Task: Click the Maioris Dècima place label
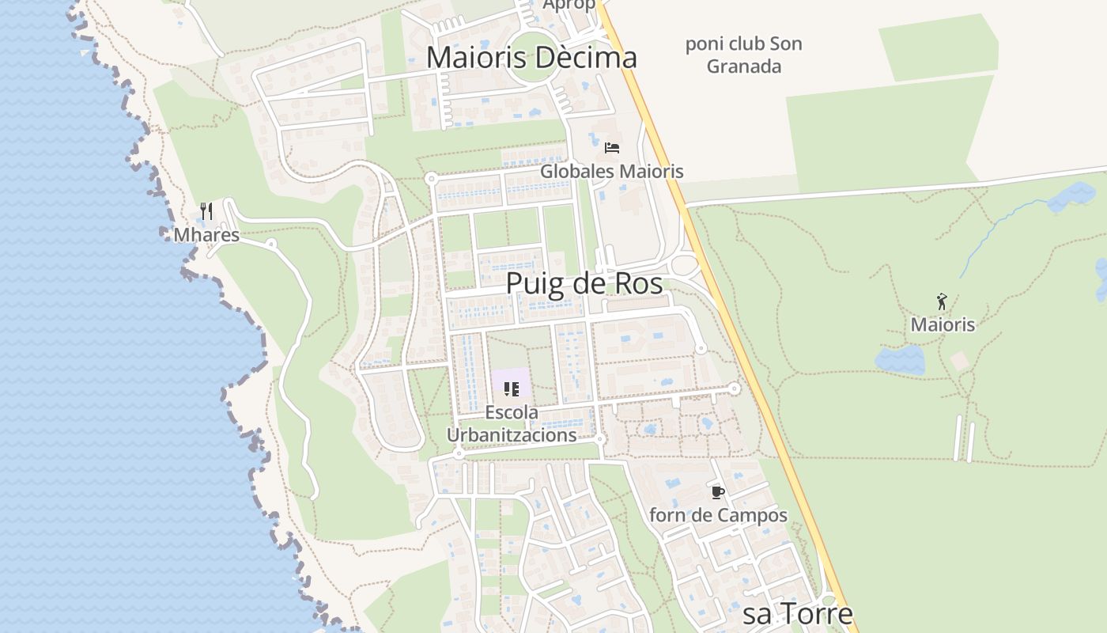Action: pyautogui.click(x=531, y=58)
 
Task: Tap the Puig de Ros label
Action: pyautogui.click(x=584, y=283)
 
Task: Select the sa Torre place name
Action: pyautogui.click(x=798, y=615)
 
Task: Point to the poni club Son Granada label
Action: pyautogui.click(x=743, y=55)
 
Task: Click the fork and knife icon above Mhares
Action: pyautogui.click(x=206, y=210)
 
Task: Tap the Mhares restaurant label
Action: pyautogui.click(x=206, y=235)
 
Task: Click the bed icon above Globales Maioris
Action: pyautogui.click(x=611, y=147)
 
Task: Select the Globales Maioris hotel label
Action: pyautogui.click(x=611, y=171)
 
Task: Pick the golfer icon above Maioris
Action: pyautogui.click(x=942, y=301)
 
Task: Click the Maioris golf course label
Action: pyautogui.click(x=943, y=324)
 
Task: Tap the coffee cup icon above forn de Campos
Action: pyautogui.click(x=717, y=492)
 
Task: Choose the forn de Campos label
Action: pyautogui.click(x=718, y=515)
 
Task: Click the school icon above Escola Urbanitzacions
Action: pyautogui.click(x=511, y=389)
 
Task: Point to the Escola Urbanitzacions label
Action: pyautogui.click(x=511, y=423)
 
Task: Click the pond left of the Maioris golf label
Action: pyautogui.click(x=900, y=360)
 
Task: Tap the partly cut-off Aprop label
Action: pyautogui.click(x=569, y=5)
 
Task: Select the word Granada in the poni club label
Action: pyautogui.click(x=743, y=66)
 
